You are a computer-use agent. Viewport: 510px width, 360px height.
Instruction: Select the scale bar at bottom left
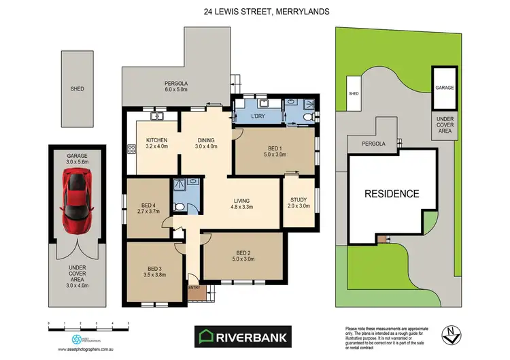tap(88, 326)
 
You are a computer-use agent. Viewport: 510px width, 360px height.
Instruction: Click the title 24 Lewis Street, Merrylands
tap(255, 11)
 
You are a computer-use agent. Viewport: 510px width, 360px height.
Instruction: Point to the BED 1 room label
tap(275, 151)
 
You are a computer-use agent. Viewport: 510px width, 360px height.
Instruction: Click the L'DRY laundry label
tap(258, 116)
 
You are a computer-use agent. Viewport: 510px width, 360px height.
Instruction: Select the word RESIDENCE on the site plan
tap(392, 193)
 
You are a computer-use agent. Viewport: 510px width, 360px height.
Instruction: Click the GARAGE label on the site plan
tap(444, 88)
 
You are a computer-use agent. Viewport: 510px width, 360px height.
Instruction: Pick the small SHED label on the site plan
tap(354, 94)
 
